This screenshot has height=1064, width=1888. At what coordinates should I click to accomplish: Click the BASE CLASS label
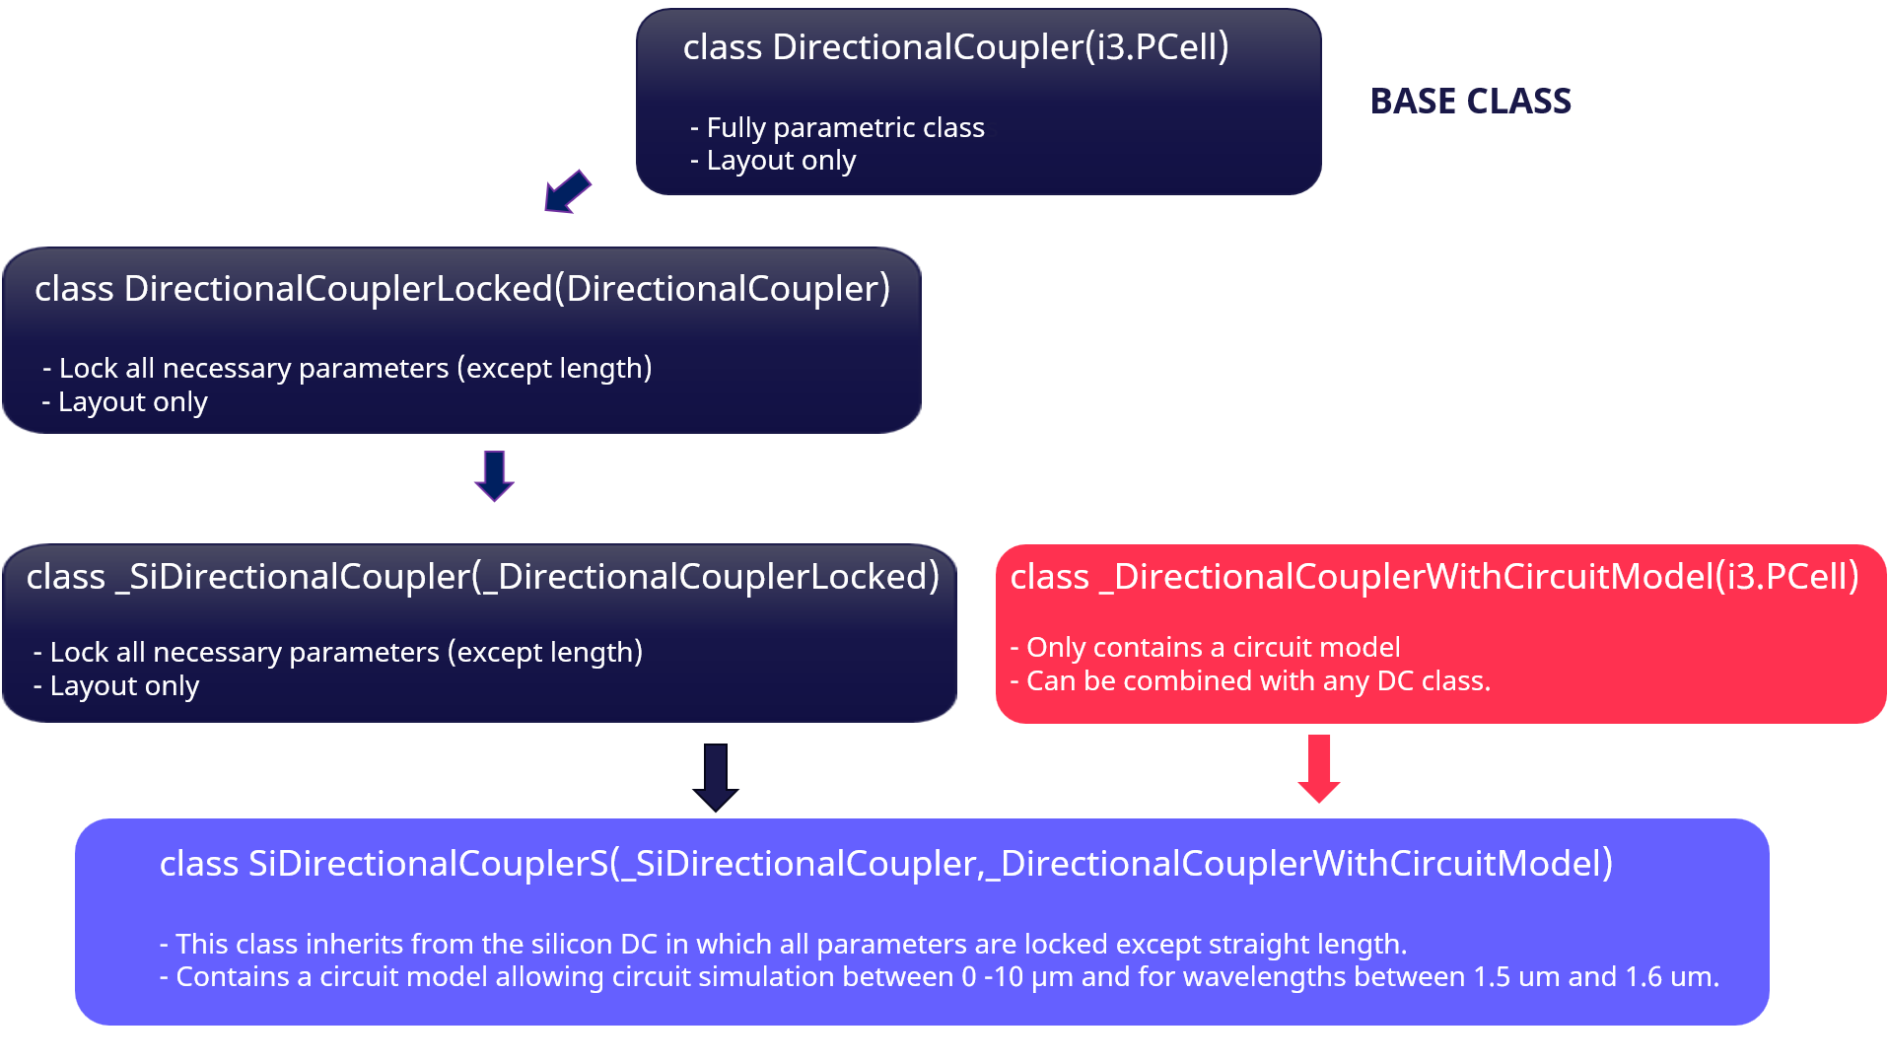point(1470,102)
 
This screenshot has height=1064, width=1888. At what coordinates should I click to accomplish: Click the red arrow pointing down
point(1319,768)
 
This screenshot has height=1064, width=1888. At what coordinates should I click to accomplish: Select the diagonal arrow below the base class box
point(568,191)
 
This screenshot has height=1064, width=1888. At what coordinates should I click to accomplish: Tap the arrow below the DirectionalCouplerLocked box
point(494,476)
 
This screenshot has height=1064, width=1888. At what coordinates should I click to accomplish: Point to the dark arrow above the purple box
point(716,777)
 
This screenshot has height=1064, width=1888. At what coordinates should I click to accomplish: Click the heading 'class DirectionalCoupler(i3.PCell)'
point(956,47)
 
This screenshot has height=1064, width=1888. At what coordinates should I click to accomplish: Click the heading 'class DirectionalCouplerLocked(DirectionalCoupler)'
point(462,289)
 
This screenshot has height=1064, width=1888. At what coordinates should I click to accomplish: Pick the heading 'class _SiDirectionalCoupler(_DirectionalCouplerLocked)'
point(482,577)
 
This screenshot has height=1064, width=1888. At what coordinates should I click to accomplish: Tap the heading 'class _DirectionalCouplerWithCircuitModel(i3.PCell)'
point(1434,577)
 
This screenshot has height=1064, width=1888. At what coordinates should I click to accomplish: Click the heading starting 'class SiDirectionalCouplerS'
point(886,864)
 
